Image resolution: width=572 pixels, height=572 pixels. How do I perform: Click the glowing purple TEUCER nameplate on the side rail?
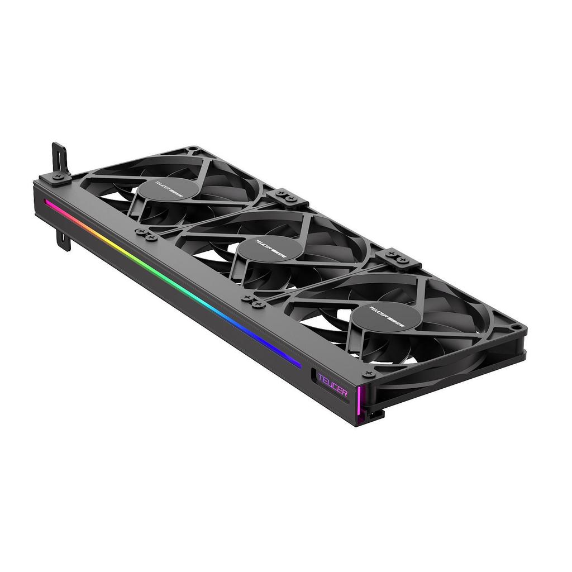(332, 385)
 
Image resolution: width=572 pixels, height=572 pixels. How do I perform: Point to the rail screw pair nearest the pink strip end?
(145, 234)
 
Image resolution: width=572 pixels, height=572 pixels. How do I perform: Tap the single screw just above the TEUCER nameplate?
(368, 373)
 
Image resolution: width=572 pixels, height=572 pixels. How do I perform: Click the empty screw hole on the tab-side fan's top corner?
(193, 149)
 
